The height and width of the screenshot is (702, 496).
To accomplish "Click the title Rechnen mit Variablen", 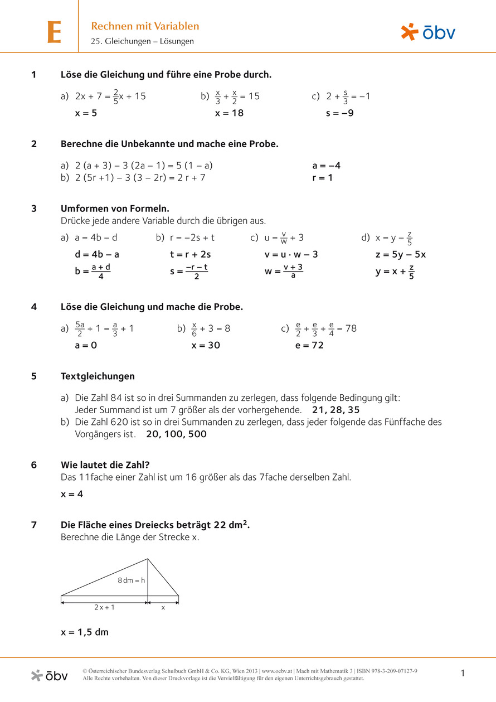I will [145, 26].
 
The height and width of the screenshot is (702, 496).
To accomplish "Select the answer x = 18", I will [230, 113].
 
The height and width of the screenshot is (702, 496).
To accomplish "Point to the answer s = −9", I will [340, 113].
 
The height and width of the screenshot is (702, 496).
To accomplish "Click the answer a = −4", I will [327, 166].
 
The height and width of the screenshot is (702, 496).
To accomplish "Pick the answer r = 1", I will [323, 178].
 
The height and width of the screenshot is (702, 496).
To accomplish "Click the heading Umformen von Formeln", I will [115, 209].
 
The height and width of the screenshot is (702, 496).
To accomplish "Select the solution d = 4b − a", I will [97, 254].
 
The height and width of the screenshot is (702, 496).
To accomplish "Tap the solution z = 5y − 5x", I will [401, 254].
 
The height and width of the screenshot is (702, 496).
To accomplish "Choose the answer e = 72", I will [309, 345].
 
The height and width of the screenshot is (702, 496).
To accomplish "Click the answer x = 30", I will [206, 345].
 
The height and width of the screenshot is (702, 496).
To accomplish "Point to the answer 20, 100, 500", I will [176, 434].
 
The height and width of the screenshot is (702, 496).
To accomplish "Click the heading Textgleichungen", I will [98, 376].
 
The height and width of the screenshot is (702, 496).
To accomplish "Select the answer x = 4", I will [72, 494].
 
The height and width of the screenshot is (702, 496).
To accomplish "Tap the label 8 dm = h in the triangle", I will [131, 580].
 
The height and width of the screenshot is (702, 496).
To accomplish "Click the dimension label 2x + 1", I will [104, 607].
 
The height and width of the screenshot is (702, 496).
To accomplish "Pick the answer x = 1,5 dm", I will [85, 632].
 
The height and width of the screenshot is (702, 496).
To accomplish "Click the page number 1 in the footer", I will [463, 674].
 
